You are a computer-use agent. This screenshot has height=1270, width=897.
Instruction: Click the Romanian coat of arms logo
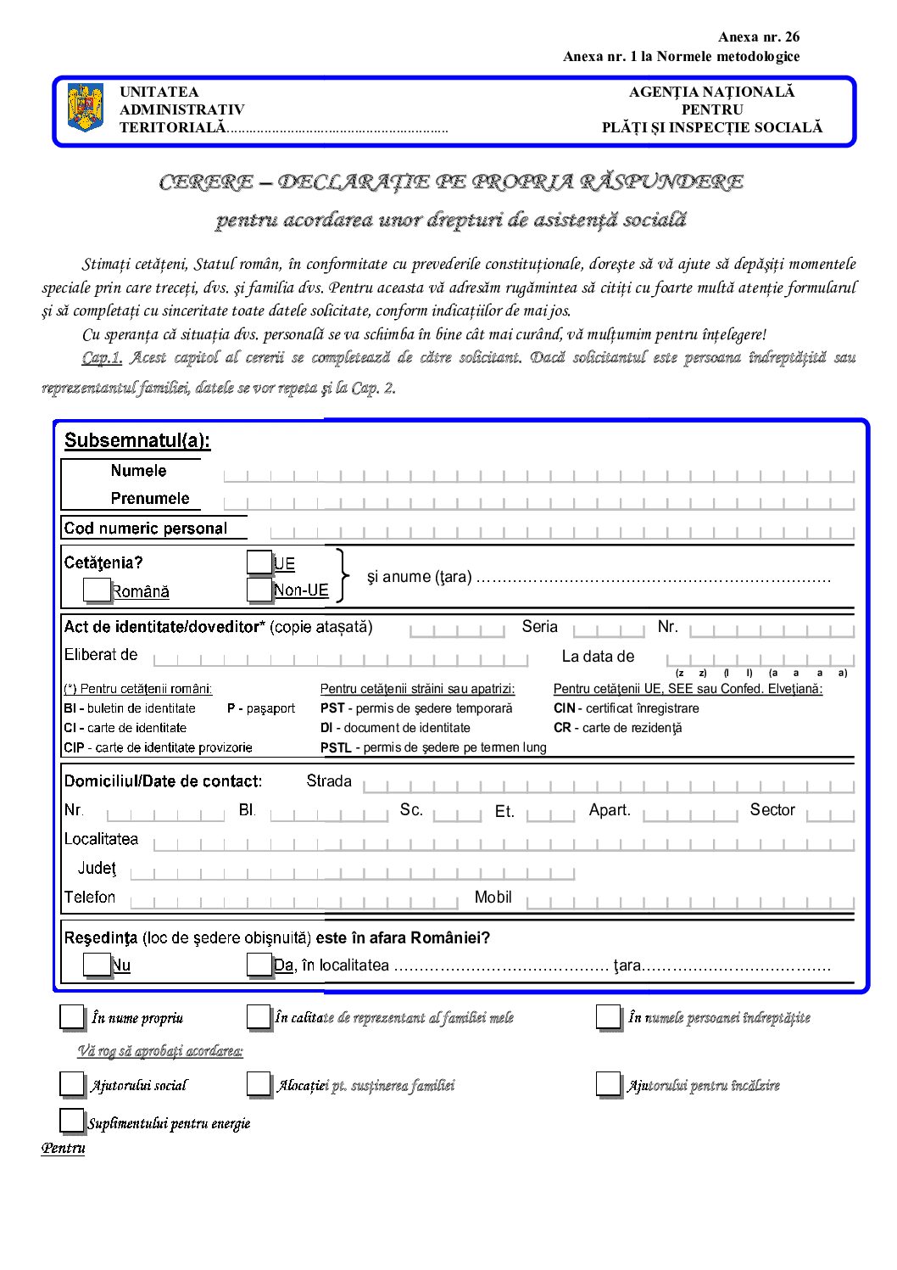point(85,107)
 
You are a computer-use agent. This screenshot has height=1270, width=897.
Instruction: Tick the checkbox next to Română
point(97,590)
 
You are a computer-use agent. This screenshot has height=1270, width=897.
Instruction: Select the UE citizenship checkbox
point(259,562)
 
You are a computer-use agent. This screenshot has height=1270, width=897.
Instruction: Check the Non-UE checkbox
point(259,590)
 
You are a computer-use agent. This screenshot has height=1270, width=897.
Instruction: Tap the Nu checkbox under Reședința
point(96,965)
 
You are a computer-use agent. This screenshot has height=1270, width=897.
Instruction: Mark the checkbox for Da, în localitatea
point(259,965)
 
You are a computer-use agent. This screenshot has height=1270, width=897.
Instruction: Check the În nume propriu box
point(72,1017)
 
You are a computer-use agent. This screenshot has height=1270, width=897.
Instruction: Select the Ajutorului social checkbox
point(72,1084)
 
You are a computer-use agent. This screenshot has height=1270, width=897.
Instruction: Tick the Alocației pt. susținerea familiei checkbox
point(259,1084)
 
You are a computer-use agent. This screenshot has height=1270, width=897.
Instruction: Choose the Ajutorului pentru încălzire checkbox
point(608,1084)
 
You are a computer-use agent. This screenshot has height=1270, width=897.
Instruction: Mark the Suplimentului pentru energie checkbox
point(72,1122)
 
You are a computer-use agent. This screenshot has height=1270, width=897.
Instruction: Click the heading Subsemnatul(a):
point(137,440)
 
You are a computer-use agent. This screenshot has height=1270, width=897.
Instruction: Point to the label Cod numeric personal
point(146,529)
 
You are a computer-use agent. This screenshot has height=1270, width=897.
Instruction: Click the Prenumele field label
point(150,499)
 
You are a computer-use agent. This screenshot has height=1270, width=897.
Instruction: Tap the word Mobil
point(493,898)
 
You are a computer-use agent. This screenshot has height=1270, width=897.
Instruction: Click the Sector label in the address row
point(772,810)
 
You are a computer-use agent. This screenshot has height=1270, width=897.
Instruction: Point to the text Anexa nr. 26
point(758,36)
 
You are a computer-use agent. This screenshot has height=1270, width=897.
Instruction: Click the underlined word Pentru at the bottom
point(64,1149)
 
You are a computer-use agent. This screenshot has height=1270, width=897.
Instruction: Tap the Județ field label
point(97,869)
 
